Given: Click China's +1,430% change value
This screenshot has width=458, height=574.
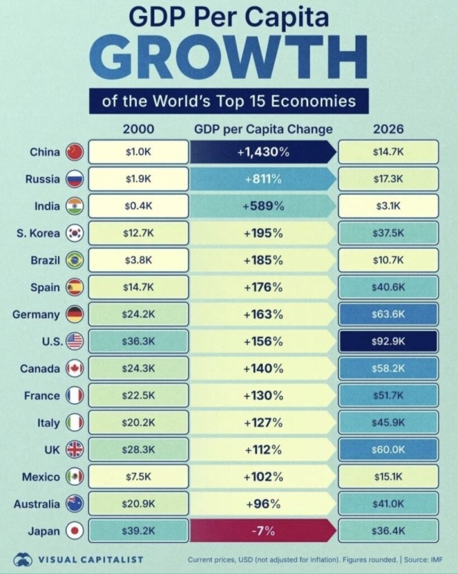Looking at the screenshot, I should pyautogui.click(x=263, y=152).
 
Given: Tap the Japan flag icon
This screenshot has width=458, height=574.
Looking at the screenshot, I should pyautogui.click(x=74, y=531).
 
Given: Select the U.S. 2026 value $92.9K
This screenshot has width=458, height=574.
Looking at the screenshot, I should pyautogui.click(x=388, y=341).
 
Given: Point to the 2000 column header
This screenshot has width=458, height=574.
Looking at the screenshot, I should pyautogui.click(x=138, y=129).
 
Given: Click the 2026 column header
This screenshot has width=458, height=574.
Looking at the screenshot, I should pyautogui.click(x=388, y=129).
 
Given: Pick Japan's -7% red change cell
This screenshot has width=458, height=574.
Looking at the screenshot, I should pyautogui.click(x=263, y=531).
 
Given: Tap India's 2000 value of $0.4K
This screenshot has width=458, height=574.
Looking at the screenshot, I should pyautogui.click(x=138, y=206).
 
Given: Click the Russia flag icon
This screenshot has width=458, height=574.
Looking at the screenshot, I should pyautogui.click(x=74, y=179).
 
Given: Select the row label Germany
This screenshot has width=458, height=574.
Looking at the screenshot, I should pyautogui.click(x=36, y=314).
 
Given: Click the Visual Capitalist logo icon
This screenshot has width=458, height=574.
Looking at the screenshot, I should pyautogui.click(x=24, y=559).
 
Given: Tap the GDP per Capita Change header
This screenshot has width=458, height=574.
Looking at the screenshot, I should pyautogui.click(x=263, y=129).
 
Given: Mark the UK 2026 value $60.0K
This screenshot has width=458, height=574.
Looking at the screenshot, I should pyautogui.click(x=388, y=450).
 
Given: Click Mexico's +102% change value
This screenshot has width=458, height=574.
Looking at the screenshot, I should pyautogui.click(x=263, y=477).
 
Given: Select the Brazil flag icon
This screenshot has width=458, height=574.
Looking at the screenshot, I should pyautogui.click(x=74, y=260).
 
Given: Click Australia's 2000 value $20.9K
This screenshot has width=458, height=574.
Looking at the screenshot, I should pyautogui.click(x=138, y=504).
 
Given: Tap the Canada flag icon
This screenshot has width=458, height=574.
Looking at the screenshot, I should pyautogui.click(x=74, y=368).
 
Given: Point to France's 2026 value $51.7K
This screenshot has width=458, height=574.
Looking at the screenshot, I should pyautogui.click(x=388, y=396).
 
